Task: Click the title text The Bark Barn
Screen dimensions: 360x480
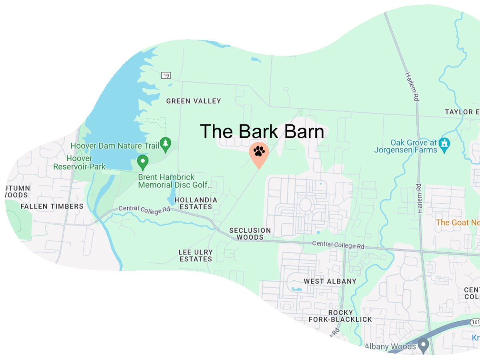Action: point(262,132)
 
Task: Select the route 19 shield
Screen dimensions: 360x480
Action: point(166,75)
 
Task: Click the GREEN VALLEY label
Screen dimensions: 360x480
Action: point(194,101)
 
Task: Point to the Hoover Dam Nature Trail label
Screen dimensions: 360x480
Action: point(115,146)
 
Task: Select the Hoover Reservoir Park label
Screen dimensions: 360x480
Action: point(79,162)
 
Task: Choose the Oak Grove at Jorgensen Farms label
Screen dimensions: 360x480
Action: point(406,146)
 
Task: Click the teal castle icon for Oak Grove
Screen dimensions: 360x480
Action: point(444,143)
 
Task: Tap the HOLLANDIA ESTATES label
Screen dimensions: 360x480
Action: point(196,203)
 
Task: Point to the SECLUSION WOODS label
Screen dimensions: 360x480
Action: point(250,234)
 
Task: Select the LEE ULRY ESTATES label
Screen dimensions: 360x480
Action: point(196,256)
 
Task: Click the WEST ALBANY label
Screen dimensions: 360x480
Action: point(330,281)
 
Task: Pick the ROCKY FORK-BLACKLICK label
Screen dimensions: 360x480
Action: point(340,316)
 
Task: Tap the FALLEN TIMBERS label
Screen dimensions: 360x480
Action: point(52,206)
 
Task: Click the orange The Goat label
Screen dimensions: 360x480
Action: point(458,222)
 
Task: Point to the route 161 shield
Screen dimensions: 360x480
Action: point(475,322)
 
